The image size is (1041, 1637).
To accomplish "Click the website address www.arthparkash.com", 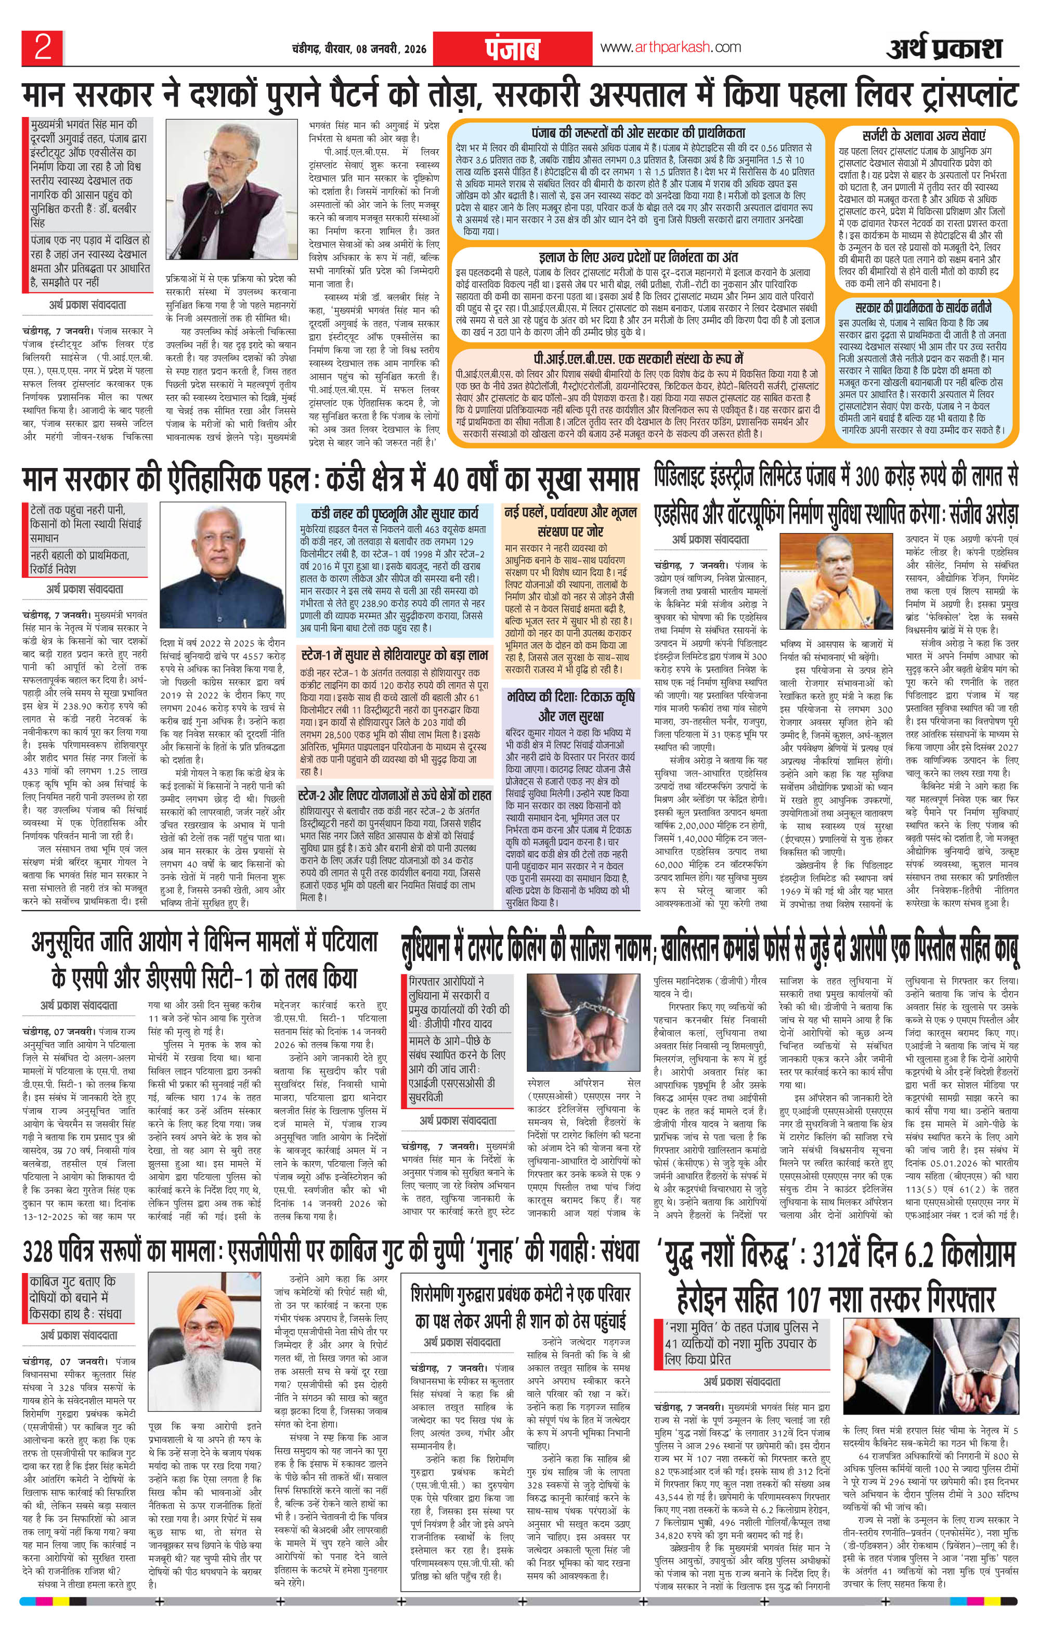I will (670, 47).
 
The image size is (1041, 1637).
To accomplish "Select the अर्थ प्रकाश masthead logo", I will (944, 48).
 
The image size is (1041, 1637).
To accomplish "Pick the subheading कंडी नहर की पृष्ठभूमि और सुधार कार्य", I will (394, 514).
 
